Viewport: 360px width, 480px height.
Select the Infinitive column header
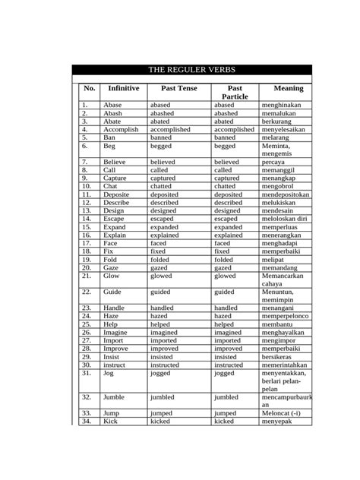click(124, 89)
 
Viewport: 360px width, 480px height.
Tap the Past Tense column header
click(179, 89)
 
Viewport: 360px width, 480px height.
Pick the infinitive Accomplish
click(121, 130)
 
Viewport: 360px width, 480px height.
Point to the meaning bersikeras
click(279, 356)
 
